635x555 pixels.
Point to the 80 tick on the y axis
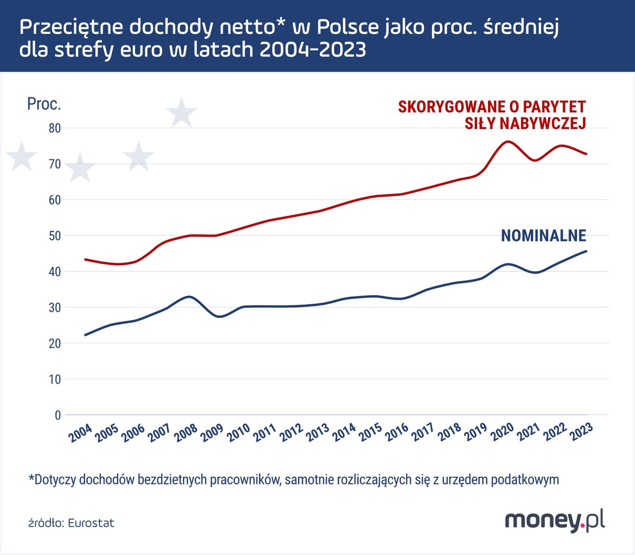click(x=55, y=128)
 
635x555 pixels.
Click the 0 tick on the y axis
click(x=58, y=415)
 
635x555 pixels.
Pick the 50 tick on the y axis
click(x=55, y=236)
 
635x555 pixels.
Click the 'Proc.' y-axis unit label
click(x=44, y=104)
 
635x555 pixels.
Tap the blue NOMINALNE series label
click(x=543, y=236)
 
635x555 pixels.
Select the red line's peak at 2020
click(x=507, y=141)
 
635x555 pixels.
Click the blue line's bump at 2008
click(x=190, y=297)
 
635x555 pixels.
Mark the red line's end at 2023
click(x=586, y=154)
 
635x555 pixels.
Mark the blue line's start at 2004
click(x=86, y=335)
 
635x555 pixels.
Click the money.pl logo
click(x=555, y=520)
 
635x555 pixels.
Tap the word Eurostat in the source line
click(x=91, y=523)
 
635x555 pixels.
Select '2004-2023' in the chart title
click(x=312, y=50)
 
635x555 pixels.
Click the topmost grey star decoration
click(x=182, y=113)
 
